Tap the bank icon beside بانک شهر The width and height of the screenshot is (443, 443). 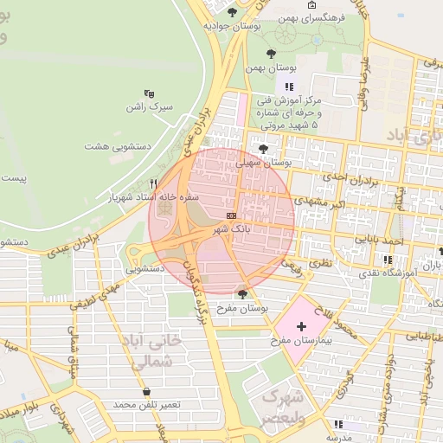[x=231, y=215]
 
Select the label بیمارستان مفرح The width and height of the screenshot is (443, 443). [x=302, y=342]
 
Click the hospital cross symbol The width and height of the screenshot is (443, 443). [x=301, y=326]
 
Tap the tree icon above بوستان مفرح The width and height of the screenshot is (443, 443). [x=242, y=294]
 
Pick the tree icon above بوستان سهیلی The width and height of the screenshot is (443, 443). [x=263, y=149]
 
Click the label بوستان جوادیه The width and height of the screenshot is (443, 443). [x=233, y=25]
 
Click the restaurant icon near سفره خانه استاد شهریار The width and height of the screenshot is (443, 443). [x=153, y=183]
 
